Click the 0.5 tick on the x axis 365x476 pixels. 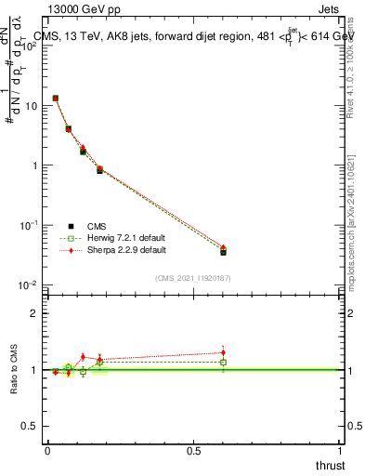[194, 450]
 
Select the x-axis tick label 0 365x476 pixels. [47, 450]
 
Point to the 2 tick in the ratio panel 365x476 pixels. [37, 313]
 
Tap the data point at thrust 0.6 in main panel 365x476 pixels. [223, 251]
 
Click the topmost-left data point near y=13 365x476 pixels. [56, 98]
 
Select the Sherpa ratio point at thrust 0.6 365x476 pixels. [223, 352]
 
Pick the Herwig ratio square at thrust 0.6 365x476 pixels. [223, 362]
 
